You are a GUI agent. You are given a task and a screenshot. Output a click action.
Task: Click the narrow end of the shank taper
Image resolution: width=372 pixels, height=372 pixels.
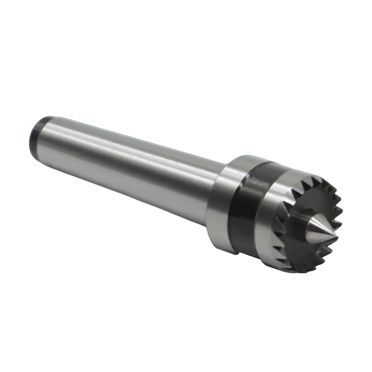(46, 135)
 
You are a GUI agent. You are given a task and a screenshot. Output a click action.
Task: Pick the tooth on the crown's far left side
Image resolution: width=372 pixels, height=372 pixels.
(277, 221)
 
